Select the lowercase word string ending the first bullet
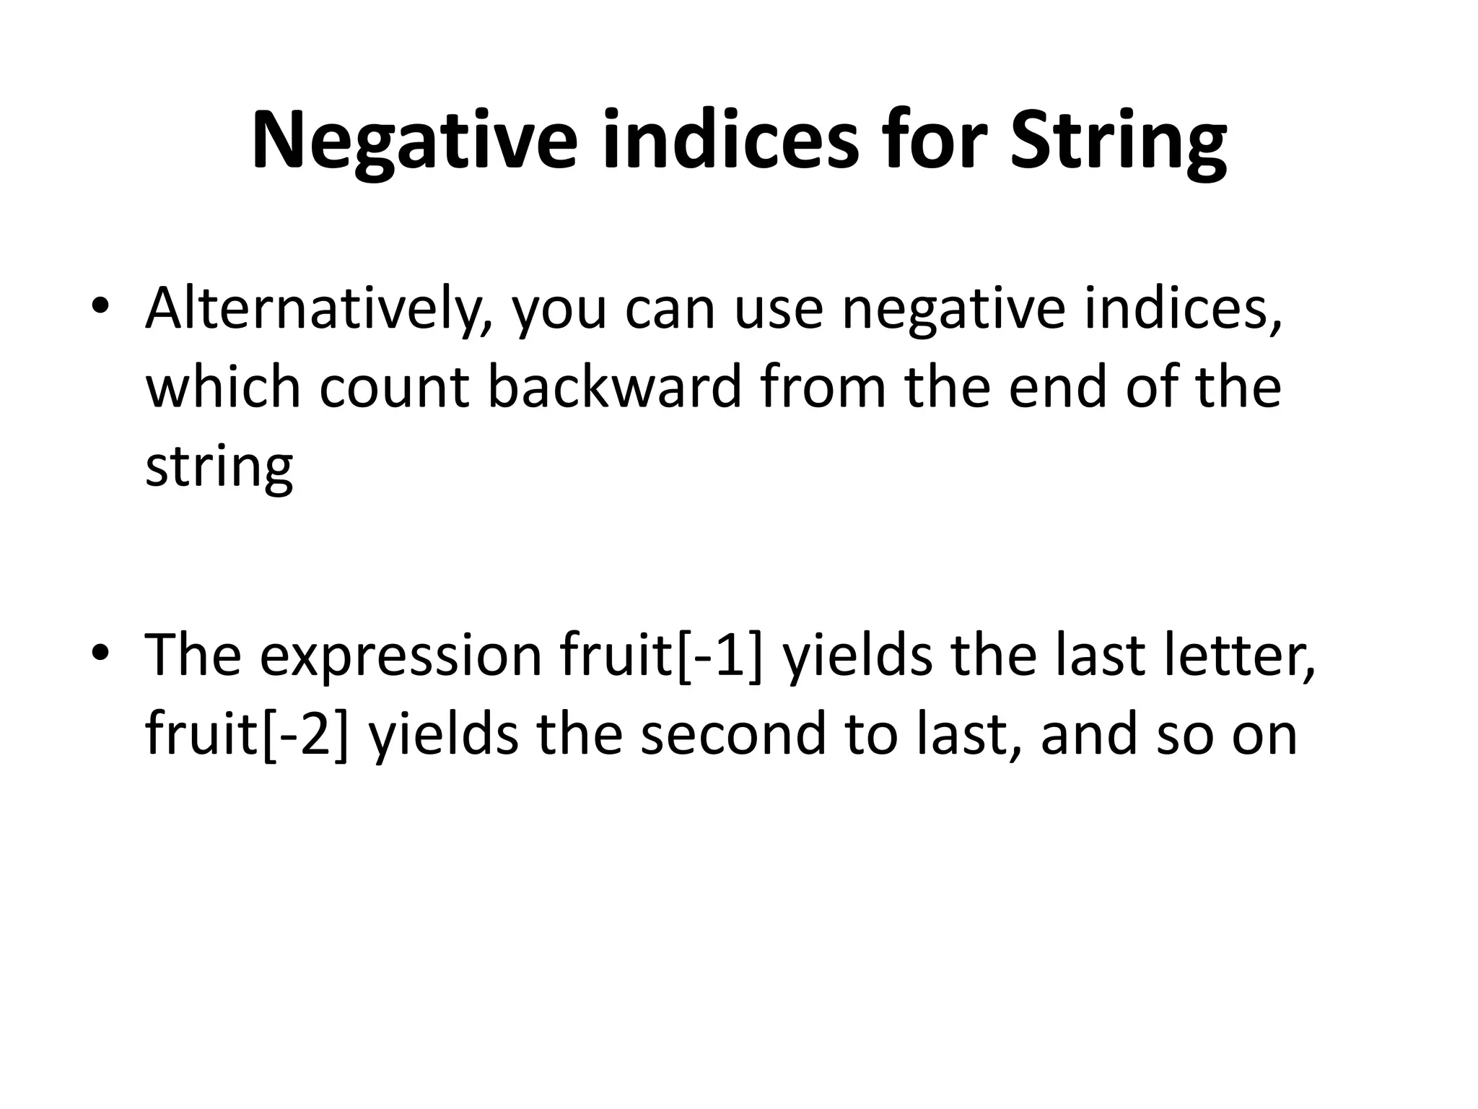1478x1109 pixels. [219, 467]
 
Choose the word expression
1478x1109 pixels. [400, 656]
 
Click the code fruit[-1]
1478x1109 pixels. [660, 656]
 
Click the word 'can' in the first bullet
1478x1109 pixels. [670, 308]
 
